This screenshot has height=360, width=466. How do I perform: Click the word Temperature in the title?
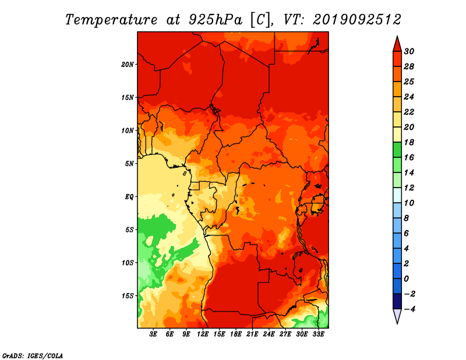click(x=111, y=20)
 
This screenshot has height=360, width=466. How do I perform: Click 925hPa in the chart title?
click(x=215, y=20)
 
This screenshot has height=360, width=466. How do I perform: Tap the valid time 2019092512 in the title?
click(x=356, y=20)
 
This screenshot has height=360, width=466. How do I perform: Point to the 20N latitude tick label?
click(x=128, y=64)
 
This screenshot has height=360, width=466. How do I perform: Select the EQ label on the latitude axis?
click(x=129, y=197)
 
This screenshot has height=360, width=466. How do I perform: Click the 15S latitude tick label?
click(x=128, y=296)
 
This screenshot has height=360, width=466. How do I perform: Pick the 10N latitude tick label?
click(x=128, y=130)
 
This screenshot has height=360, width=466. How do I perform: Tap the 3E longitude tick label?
click(x=153, y=334)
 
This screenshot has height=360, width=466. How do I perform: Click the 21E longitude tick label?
click(x=252, y=334)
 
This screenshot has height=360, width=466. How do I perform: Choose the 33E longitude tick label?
click(x=318, y=334)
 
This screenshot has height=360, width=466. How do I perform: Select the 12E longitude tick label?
click(x=203, y=334)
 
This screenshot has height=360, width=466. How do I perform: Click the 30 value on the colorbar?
click(x=409, y=51)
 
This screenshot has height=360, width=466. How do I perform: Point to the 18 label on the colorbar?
click(x=409, y=142)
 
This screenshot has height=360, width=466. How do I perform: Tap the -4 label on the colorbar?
click(x=409, y=309)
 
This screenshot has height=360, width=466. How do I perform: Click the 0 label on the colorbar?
click(x=407, y=279)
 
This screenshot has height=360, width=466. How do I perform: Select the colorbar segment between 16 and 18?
click(x=397, y=150)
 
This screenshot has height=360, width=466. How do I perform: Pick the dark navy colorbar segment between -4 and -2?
click(x=397, y=301)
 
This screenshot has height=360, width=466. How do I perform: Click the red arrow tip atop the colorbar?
click(x=397, y=36)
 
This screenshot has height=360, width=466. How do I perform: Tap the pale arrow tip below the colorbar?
click(x=397, y=323)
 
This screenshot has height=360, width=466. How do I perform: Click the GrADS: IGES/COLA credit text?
click(x=33, y=356)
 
